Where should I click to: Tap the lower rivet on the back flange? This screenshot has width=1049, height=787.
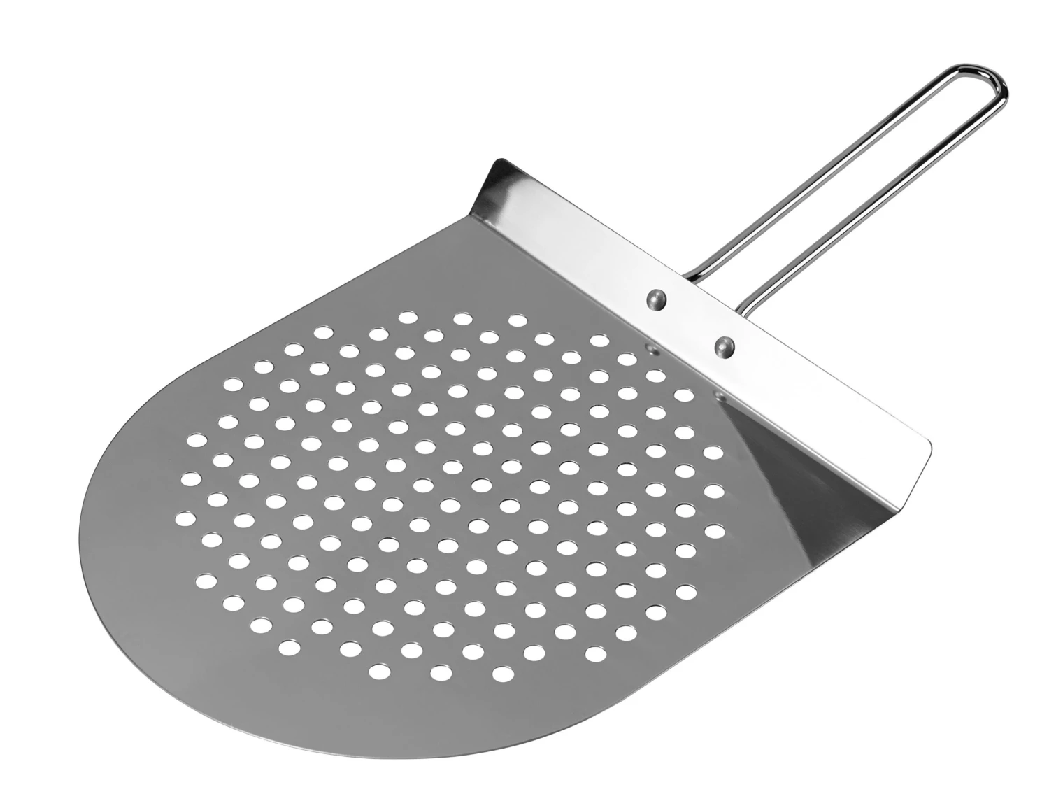[725, 345]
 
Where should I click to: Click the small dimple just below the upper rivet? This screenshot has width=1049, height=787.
[652, 347]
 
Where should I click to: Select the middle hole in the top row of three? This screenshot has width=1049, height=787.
[462, 319]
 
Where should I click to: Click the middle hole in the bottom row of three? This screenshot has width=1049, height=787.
[441, 672]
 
